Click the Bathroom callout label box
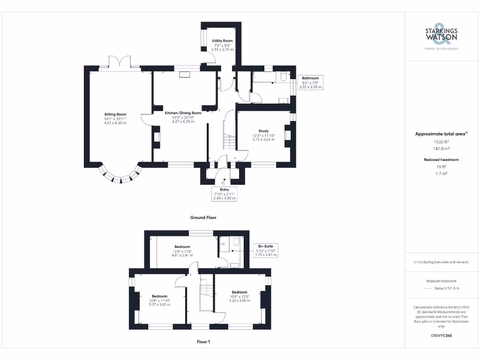pyautogui.click(x=310, y=82)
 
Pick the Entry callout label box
pyautogui.click(x=225, y=194)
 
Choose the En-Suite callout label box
pyautogui.click(x=265, y=250)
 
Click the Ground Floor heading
pyautogui.click(x=203, y=217)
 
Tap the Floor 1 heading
pyautogui.click(x=203, y=342)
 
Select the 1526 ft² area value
pyautogui.click(x=441, y=142)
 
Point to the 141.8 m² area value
pyautogui.click(x=441, y=148)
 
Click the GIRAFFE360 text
pyautogui.click(x=441, y=336)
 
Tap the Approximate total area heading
pyautogui.click(x=441, y=134)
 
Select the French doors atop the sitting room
pyautogui.click(x=120, y=62)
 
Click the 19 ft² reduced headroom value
pyautogui.click(x=441, y=167)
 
